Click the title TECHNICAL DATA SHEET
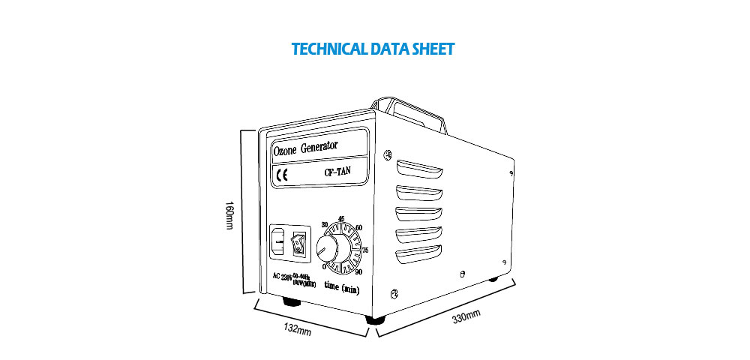point(373,50)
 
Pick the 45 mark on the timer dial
point(341,218)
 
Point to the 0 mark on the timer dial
point(323,266)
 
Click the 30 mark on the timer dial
point(324,224)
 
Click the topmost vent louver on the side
point(421,166)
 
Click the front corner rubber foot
point(372,319)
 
